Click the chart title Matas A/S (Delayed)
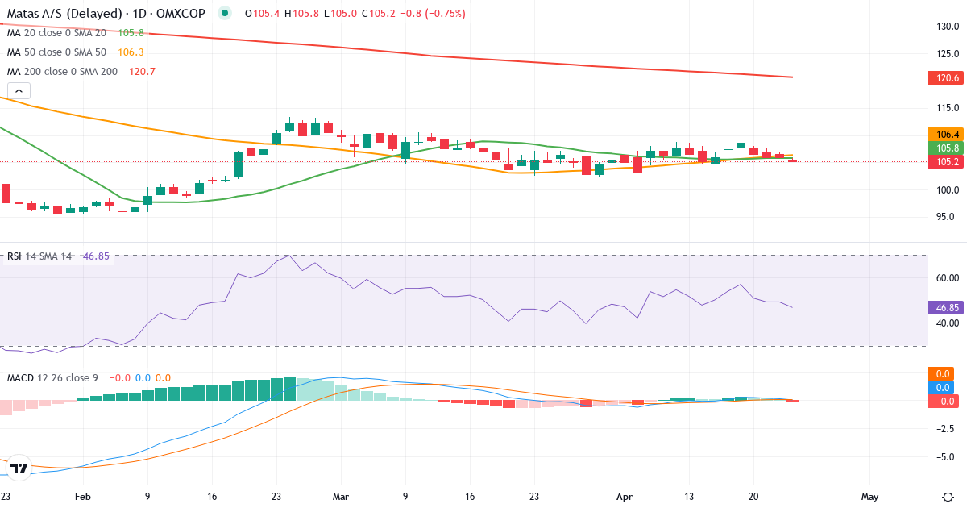[60, 14]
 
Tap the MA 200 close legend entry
[64, 71]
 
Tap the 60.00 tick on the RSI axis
[946, 278]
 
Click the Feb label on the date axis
[81, 498]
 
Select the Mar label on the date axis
[341, 498]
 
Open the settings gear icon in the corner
[948, 496]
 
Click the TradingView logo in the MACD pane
[19, 468]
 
